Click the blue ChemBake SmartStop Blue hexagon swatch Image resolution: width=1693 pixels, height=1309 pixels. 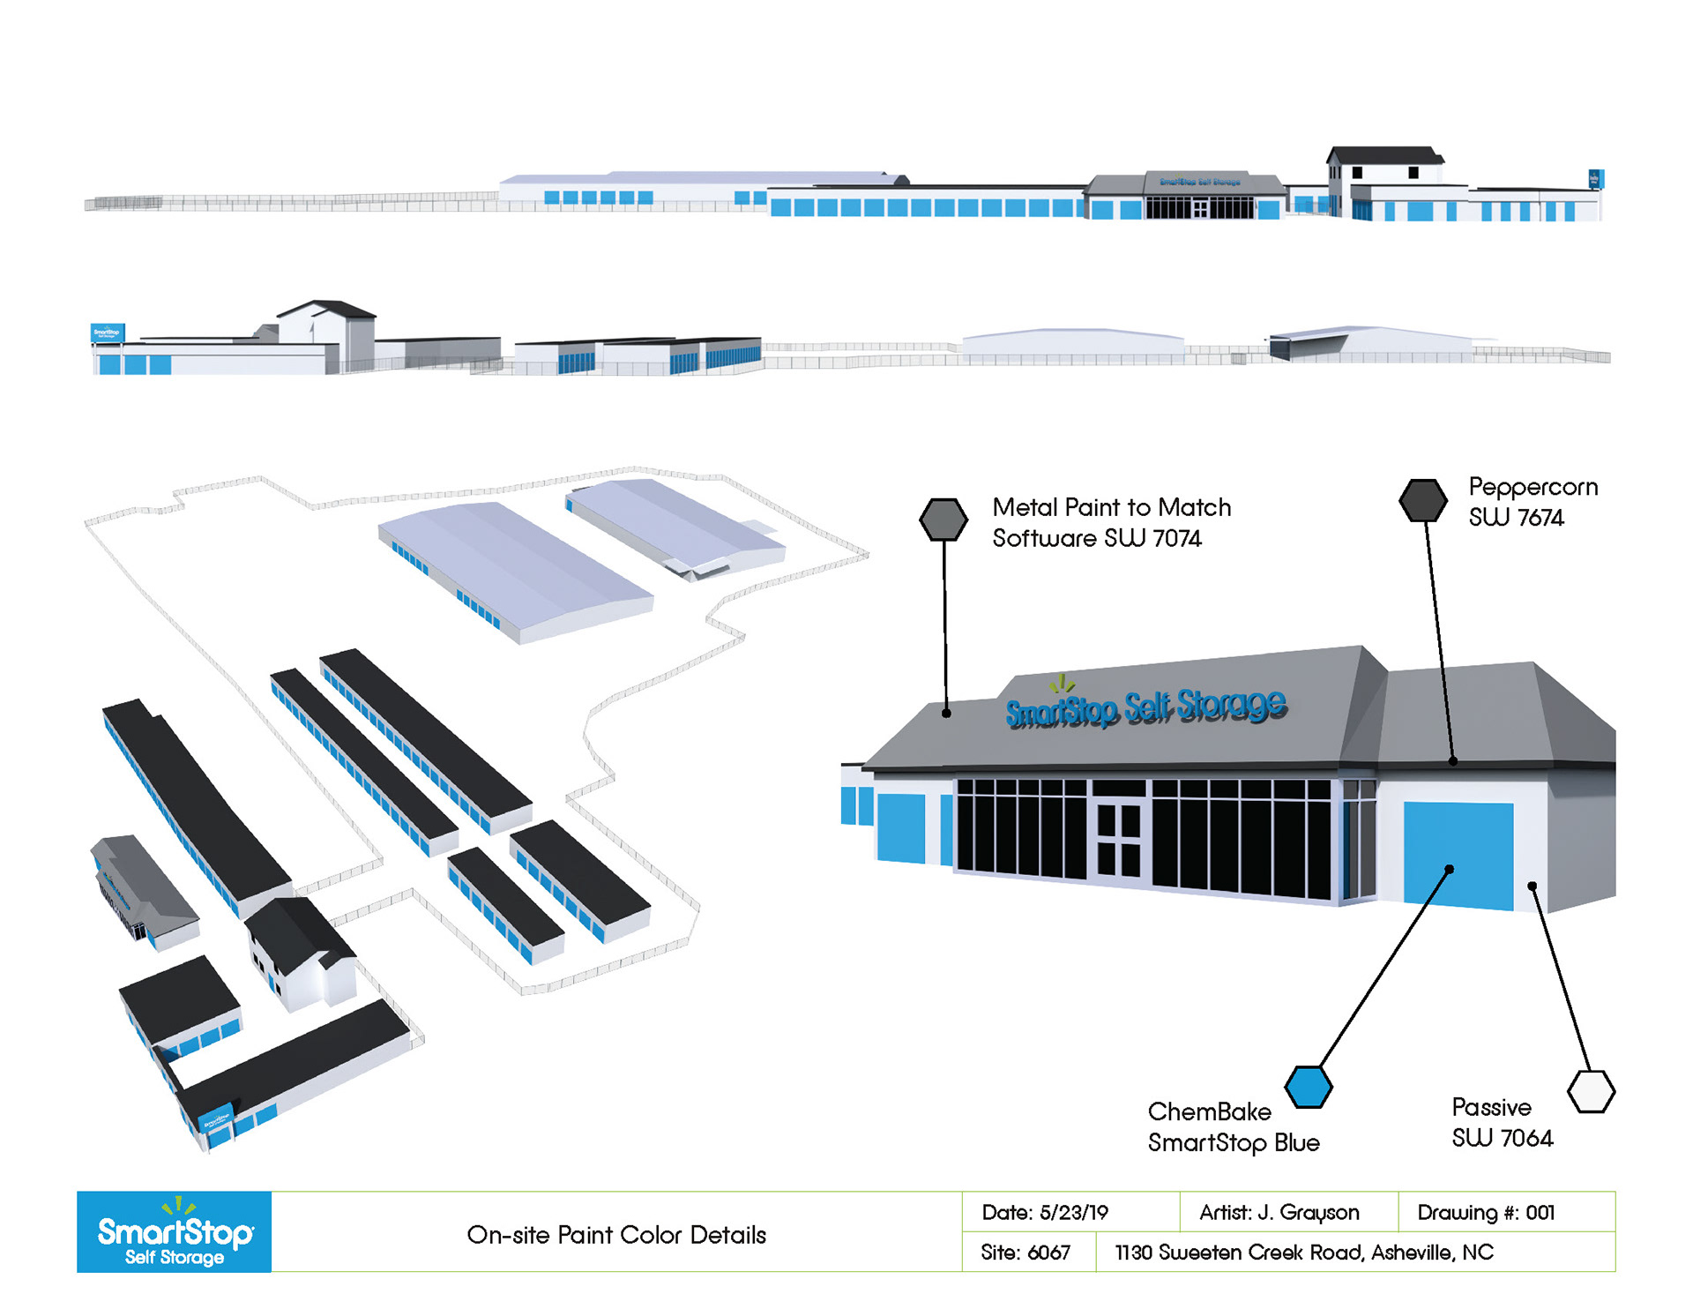click(x=1309, y=1087)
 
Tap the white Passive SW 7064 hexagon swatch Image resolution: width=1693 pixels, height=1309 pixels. click(x=1591, y=1091)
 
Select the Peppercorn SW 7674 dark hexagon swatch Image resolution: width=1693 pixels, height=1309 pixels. click(x=1423, y=500)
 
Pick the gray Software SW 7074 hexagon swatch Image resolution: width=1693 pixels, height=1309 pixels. click(x=943, y=519)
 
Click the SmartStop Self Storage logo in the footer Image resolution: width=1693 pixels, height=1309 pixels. click(x=175, y=1232)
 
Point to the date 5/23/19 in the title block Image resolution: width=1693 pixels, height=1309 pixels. click(x=1045, y=1213)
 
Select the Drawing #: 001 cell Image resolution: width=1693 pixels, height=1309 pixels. click(x=1486, y=1213)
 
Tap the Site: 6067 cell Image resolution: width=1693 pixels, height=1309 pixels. click(x=1025, y=1253)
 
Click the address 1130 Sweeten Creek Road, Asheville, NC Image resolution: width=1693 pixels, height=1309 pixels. click(x=1304, y=1253)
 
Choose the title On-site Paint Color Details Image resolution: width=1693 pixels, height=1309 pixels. click(x=616, y=1235)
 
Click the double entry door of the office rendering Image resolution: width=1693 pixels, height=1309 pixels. click(x=1120, y=841)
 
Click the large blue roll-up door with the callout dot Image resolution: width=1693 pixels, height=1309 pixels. click(x=1458, y=854)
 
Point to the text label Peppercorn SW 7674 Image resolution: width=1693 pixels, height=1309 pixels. click(x=1533, y=502)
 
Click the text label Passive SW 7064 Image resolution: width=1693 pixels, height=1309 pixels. click(x=1502, y=1123)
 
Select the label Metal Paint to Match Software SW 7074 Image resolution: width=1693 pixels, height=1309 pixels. click(x=1111, y=522)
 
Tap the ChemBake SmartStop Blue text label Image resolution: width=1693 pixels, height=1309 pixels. click(x=1233, y=1127)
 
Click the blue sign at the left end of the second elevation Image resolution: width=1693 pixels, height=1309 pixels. click(x=108, y=333)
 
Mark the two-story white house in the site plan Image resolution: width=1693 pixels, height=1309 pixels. click(x=300, y=953)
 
